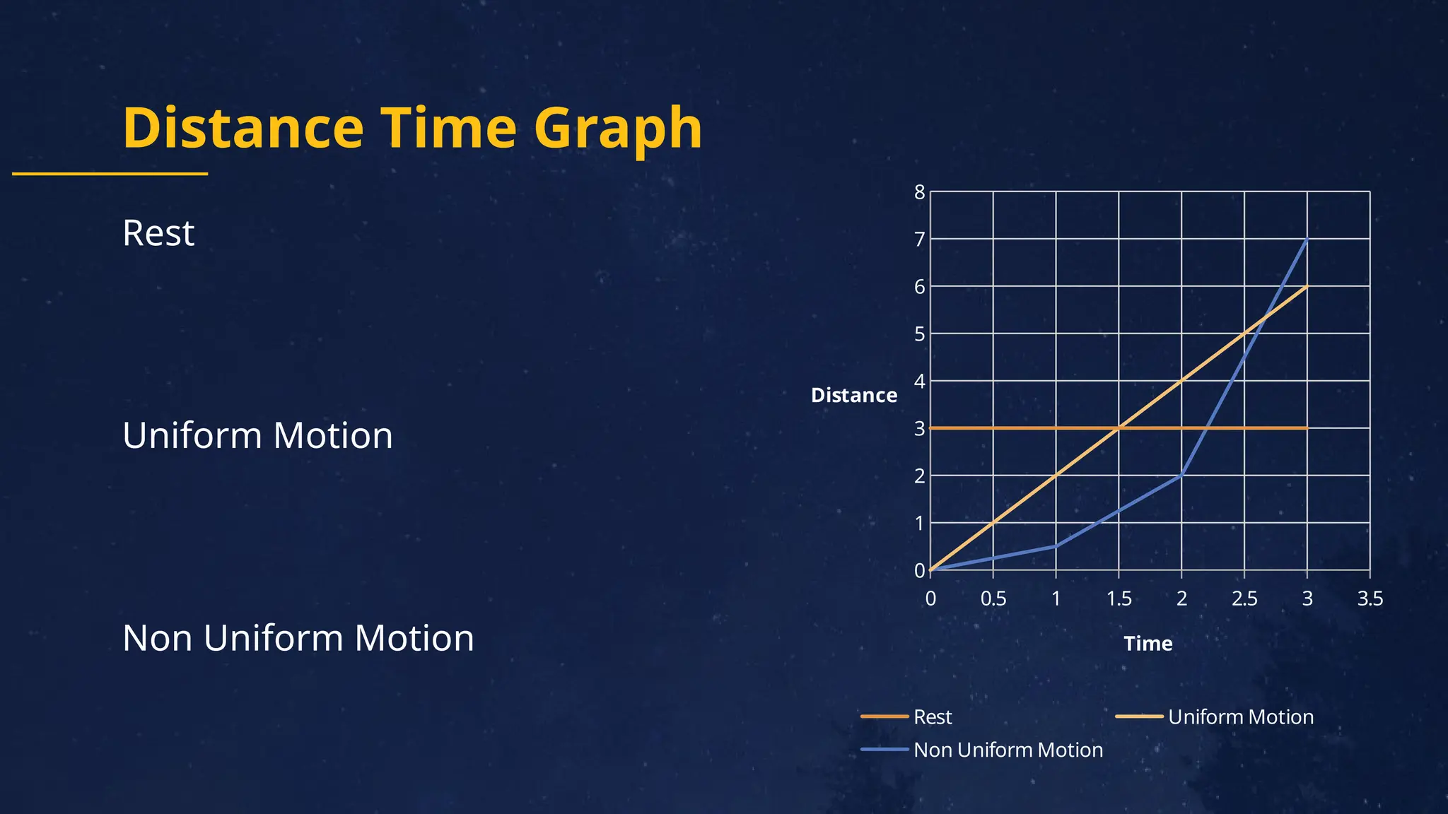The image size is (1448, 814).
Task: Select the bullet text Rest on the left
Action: (x=158, y=233)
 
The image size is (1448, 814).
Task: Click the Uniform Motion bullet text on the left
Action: (x=257, y=435)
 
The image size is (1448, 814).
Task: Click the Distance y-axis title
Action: (x=853, y=395)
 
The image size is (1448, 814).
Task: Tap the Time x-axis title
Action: (x=1148, y=644)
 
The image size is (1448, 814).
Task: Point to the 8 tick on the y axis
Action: (x=919, y=192)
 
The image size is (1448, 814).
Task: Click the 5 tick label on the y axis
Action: (x=919, y=334)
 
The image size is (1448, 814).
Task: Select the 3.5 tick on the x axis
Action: (x=1370, y=599)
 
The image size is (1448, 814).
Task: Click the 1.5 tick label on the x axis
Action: (x=1119, y=599)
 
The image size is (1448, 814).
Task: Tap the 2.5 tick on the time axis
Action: (x=1244, y=599)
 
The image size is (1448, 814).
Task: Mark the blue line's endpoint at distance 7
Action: (x=1307, y=240)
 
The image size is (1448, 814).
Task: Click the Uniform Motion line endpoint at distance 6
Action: (x=1307, y=286)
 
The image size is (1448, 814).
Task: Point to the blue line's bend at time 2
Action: (x=1181, y=476)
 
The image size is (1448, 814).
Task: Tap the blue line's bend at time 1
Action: (x=1056, y=546)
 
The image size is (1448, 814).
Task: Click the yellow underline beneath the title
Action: (x=110, y=173)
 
